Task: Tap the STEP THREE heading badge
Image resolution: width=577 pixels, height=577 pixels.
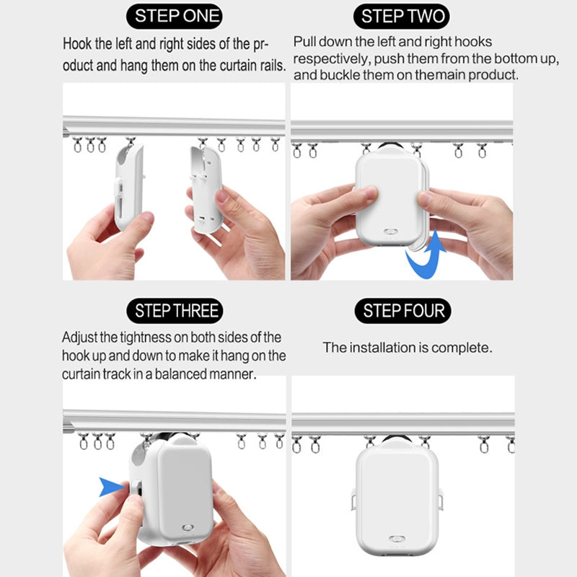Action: coord(176,312)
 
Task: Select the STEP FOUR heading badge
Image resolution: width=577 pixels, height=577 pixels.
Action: coord(404,311)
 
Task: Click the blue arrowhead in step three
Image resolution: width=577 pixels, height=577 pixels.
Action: coord(111,488)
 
